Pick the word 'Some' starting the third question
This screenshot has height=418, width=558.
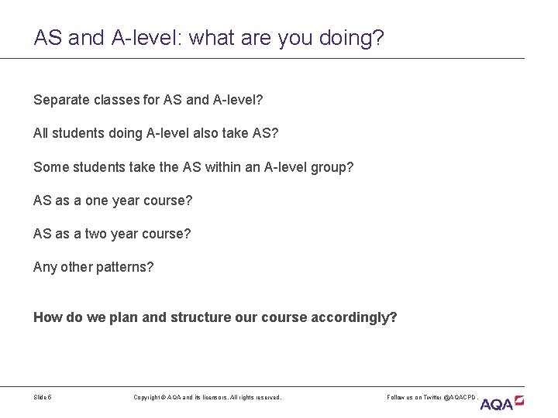pyautogui.click(x=50, y=166)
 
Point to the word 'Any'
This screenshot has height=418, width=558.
pyautogui.click(x=44, y=267)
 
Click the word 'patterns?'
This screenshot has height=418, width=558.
pyautogui.click(x=124, y=267)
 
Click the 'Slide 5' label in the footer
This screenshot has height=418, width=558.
pyautogui.click(x=43, y=397)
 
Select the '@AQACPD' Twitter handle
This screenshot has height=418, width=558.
pyautogui.click(x=460, y=397)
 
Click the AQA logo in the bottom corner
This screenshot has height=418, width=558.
pyautogui.click(x=502, y=403)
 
